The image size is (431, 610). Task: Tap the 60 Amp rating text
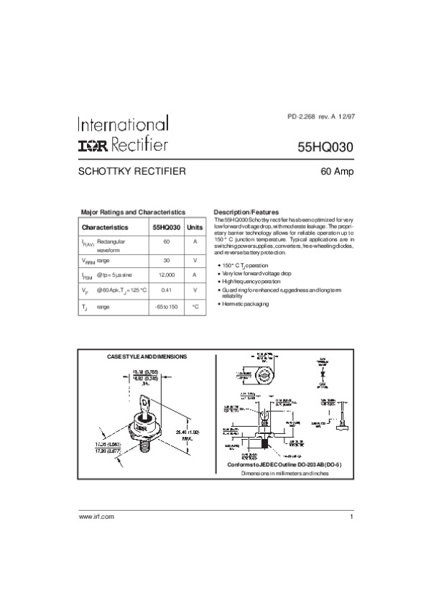click(336, 172)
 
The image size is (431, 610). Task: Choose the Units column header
click(195, 226)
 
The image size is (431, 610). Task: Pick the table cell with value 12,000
click(166, 274)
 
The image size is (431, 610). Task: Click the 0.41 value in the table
click(166, 290)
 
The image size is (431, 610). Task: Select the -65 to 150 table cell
click(166, 307)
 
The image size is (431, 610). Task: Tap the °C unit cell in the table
click(195, 307)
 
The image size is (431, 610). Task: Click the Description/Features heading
click(246, 213)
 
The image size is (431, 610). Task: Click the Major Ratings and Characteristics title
click(133, 213)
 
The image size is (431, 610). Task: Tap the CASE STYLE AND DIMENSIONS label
click(147, 356)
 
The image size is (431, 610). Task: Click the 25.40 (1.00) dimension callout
click(190, 431)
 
